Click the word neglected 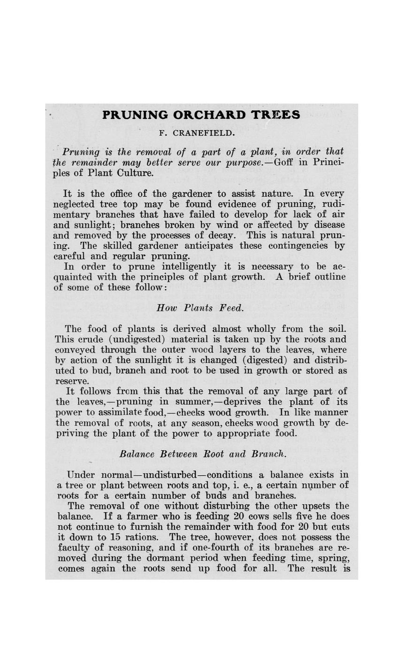tap(75, 204)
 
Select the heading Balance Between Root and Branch tap(203, 454)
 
